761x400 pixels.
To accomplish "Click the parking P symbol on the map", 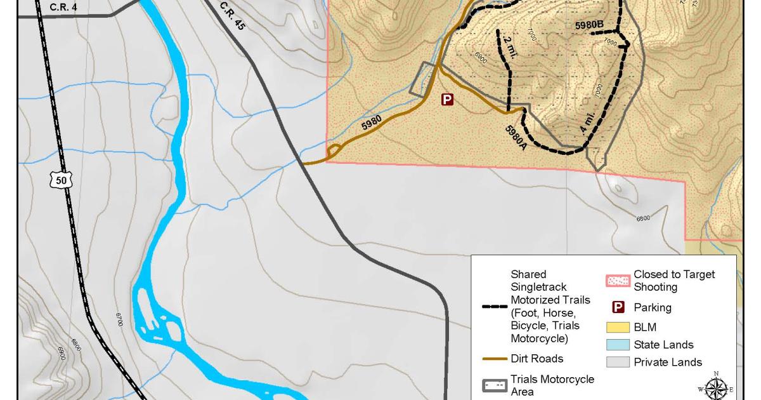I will coord(448,99).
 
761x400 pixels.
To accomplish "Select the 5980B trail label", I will coord(589,25).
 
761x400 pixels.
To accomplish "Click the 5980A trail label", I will coord(516,137).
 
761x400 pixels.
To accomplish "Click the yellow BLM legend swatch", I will coord(618,328).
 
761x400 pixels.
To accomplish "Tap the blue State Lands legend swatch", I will coord(618,345).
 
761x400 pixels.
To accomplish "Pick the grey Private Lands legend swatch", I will coord(618,362).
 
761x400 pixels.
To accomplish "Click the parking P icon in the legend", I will coord(619,307).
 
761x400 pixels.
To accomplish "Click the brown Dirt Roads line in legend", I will coord(493,359).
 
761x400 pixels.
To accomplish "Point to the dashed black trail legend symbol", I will coord(493,307).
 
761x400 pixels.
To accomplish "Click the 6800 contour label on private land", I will coord(643,219).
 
